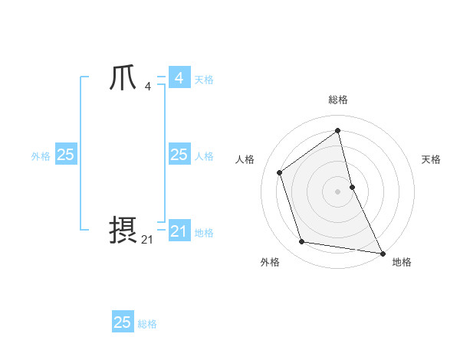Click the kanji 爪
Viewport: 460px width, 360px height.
pyautogui.click(x=123, y=78)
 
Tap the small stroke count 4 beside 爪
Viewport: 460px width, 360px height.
pyautogui.click(x=147, y=86)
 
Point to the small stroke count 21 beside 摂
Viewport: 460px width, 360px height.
pyautogui.click(x=147, y=239)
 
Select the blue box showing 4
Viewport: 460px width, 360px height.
pyautogui.click(x=179, y=78)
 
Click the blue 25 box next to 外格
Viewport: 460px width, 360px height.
pyautogui.click(x=65, y=155)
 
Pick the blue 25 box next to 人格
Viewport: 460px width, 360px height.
pyautogui.click(x=179, y=155)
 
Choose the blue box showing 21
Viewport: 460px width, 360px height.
pyautogui.click(x=179, y=231)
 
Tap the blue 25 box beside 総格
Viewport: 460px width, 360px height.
pyautogui.click(x=123, y=322)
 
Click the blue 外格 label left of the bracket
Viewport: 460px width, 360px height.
pyautogui.click(x=41, y=156)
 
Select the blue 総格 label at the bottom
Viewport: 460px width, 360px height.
pyautogui.click(x=147, y=324)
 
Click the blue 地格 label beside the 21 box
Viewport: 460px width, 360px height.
pyautogui.click(x=204, y=233)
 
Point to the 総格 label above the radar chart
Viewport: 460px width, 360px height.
pyautogui.click(x=338, y=100)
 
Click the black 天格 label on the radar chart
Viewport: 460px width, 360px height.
pyautogui.click(x=431, y=159)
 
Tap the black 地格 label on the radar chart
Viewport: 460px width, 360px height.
pyautogui.click(x=402, y=262)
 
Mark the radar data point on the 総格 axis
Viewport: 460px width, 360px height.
pyautogui.click(x=338, y=130)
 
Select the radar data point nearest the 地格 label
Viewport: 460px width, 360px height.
pyautogui.click(x=382, y=253)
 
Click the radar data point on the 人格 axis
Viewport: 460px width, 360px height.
pyautogui.click(x=280, y=172)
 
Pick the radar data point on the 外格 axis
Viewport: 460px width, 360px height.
pyautogui.click(x=302, y=242)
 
